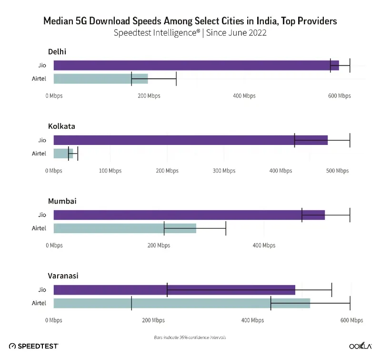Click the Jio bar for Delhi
[190, 65]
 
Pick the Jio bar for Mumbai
[186, 215]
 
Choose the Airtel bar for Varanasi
[181, 303]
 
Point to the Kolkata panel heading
[61, 126]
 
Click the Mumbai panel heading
[62, 201]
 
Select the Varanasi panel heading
[63, 276]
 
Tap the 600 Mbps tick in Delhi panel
[339, 96]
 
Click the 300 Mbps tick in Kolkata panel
[224, 171]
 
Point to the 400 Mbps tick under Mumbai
[264, 246]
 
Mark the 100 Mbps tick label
[110, 171]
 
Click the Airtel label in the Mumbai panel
[39, 228]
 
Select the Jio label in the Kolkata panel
[42, 140]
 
